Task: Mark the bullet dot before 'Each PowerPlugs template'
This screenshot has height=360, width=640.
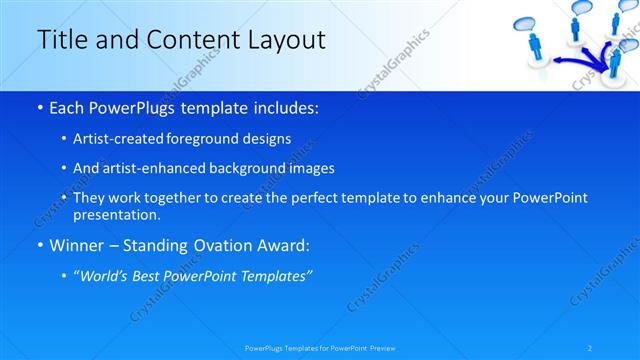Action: (39, 107)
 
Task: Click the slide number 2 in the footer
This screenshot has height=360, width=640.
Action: (591, 347)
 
